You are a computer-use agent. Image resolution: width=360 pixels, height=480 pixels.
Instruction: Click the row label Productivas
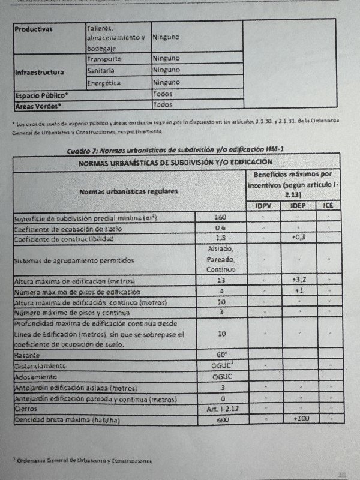34,29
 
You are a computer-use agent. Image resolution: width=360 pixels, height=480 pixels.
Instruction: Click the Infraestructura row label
39,72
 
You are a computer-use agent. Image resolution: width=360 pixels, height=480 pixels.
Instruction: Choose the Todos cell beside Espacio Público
163,94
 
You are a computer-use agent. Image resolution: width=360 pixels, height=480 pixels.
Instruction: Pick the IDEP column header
298,206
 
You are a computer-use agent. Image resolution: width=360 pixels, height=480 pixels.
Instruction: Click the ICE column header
329,206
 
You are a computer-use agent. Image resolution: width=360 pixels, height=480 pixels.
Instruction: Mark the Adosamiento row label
36,377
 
